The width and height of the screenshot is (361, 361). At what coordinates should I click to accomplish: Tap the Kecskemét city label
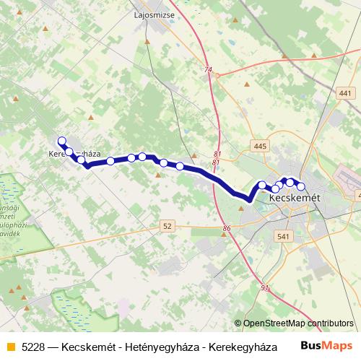(x=295, y=196)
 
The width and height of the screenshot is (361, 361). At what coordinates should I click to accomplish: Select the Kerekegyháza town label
(x=74, y=155)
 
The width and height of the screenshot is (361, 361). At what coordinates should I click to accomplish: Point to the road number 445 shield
(x=261, y=147)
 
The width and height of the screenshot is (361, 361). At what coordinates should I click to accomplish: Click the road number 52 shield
(x=168, y=226)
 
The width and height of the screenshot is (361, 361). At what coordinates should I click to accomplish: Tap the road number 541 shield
(x=282, y=236)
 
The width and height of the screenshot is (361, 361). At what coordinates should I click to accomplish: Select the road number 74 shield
(x=209, y=70)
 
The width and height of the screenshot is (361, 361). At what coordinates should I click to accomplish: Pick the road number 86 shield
(x=227, y=229)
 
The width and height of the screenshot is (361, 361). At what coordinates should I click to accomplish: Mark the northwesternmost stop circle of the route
(x=61, y=142)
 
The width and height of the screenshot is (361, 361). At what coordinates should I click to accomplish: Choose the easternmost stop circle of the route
(x=301, y=187)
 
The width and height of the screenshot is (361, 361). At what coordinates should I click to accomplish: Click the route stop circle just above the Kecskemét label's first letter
(x=275, y=188)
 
